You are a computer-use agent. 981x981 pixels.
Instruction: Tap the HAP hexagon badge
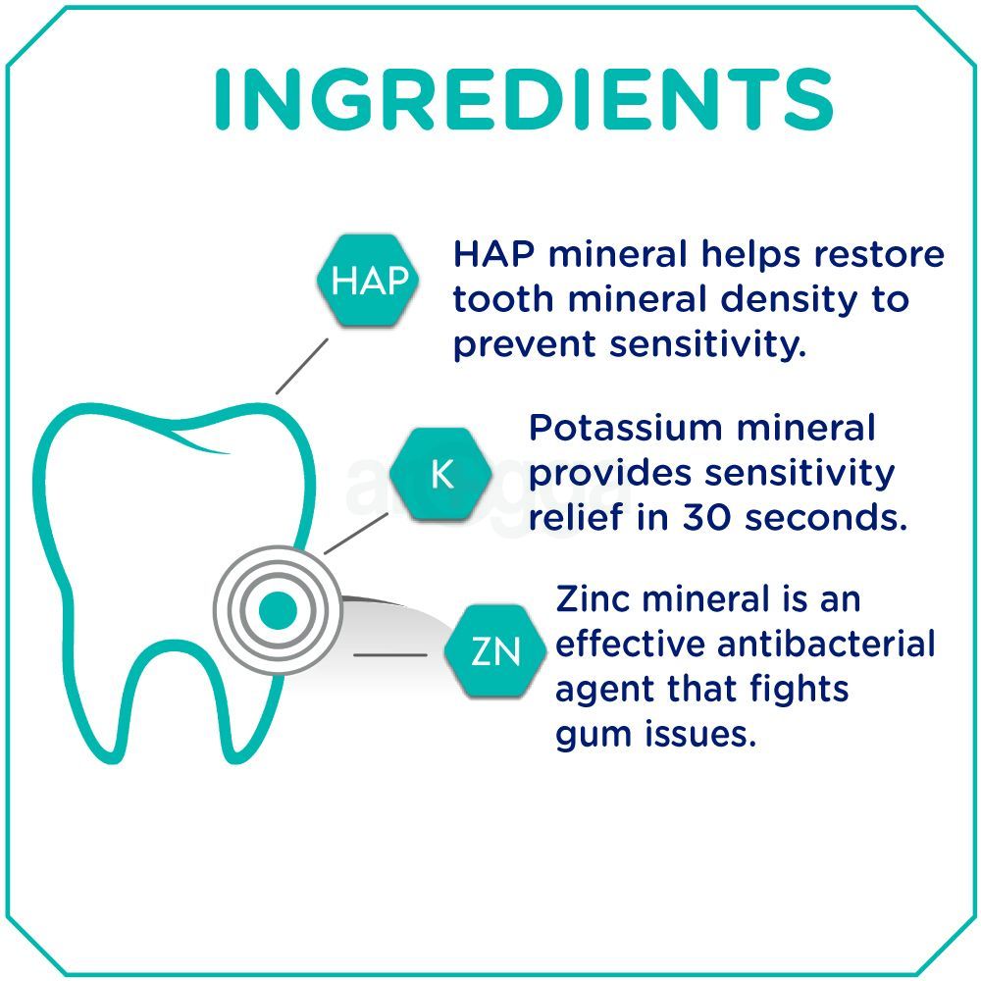pyautogui.click(x=369, y=282)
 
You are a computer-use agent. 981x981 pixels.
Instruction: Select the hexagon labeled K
pyautogui.click(x=441, y=476)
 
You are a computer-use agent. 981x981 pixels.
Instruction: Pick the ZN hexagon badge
pyautogui.click(x=495, y=652)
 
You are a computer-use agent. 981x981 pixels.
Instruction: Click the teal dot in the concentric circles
pyautogui.click(x=278, y=610)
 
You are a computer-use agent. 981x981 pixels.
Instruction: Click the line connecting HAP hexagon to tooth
pyautogui.click(x=302, y=364)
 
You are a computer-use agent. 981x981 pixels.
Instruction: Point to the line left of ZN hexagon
pyautogui.click(x=389, y=653)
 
